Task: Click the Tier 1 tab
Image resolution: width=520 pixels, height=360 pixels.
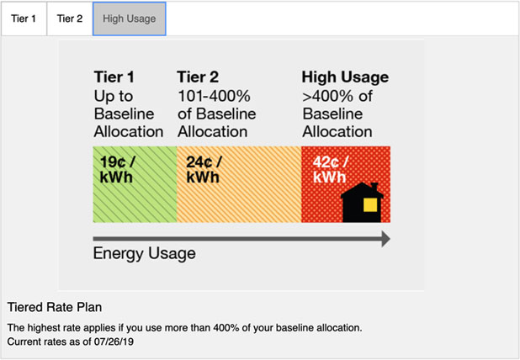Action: pos(24,19)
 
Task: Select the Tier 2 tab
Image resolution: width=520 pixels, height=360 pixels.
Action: pos(70,19)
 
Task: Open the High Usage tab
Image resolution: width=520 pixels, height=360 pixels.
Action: pos(130,19)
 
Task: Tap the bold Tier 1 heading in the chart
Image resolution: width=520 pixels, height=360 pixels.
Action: pos(114,77)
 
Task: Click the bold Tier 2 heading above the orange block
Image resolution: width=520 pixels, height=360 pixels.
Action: pos(198,77)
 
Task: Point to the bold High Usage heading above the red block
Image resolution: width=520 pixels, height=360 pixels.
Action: pos(345,77)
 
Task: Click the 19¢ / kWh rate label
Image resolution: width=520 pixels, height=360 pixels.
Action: pos(117,169)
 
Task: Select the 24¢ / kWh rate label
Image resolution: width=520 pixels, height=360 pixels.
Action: pos(204,169)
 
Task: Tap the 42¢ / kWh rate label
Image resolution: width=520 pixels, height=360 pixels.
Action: pos(331,169)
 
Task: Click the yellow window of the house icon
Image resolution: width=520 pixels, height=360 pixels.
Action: pos(370,204)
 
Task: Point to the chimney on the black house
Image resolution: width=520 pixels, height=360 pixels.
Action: pos(374,188)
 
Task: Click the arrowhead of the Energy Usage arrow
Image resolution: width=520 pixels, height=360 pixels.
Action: pos(385,239)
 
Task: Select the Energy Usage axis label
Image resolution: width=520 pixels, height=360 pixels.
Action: pos(144,253)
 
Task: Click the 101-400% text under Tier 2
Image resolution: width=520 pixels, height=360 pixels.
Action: pos(214,96)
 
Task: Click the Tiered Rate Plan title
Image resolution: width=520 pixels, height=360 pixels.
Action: pos(55,307)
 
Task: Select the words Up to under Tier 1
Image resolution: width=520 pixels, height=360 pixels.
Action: pos(114,97)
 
